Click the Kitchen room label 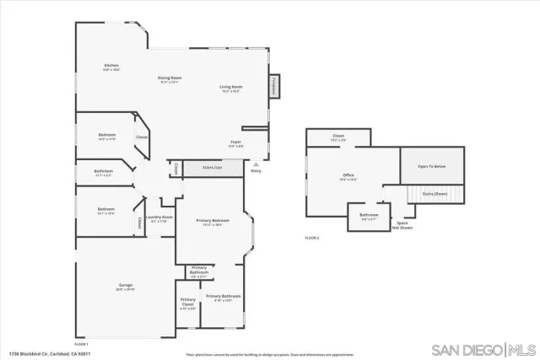click(x=111, y=67)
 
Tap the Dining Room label click(x=170, y=79)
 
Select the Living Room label click(x=231, y=88)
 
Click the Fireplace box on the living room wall click(x=273, y=86)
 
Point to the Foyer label click(x=236, y=143)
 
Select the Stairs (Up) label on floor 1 click(x=213, y=168)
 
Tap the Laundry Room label click(x=160, y=218)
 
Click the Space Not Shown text click(x=404, y=225)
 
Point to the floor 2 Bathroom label click(x=369, y=216)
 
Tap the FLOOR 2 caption click(x=312, y=239)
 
